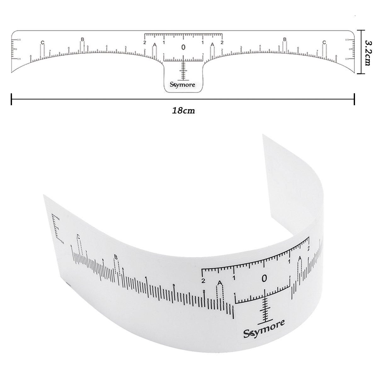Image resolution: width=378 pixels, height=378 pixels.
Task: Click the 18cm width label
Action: (x=183, y=111)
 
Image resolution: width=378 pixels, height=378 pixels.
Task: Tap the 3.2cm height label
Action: (x=367, y=52)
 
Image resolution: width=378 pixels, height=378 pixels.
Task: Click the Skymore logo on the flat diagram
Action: (x=183, y=85)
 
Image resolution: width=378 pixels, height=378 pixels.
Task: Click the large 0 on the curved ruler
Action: (x=264, y=278)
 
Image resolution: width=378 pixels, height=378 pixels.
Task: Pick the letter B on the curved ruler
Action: (x=116, y=257)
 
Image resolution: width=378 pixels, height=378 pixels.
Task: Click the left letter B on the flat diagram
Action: (x=82, y=39)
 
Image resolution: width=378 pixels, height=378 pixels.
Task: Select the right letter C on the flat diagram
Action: (x=324, y=42)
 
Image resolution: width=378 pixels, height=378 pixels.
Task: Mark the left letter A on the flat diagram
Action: (x=154, y=45)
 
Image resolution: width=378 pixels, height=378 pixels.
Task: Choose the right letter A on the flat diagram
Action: (x=213, y=45)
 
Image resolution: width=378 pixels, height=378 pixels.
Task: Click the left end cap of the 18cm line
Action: (x=12, y=99)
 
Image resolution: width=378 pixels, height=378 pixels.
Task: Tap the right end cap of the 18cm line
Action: (x=355, y=99)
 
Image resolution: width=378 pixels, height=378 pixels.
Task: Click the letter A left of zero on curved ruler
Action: (x=220, y=283)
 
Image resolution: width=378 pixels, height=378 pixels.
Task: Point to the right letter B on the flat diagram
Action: (x=285, y=39)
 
